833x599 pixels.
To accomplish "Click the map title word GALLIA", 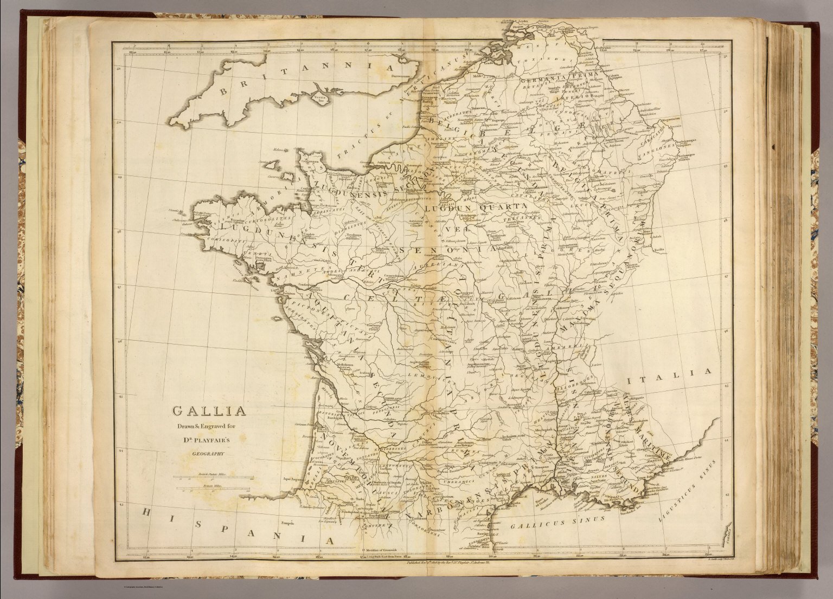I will pos(209,412).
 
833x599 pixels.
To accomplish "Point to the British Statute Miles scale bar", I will pos(213,477).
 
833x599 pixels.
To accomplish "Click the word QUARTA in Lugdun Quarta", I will pos(504,206).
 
